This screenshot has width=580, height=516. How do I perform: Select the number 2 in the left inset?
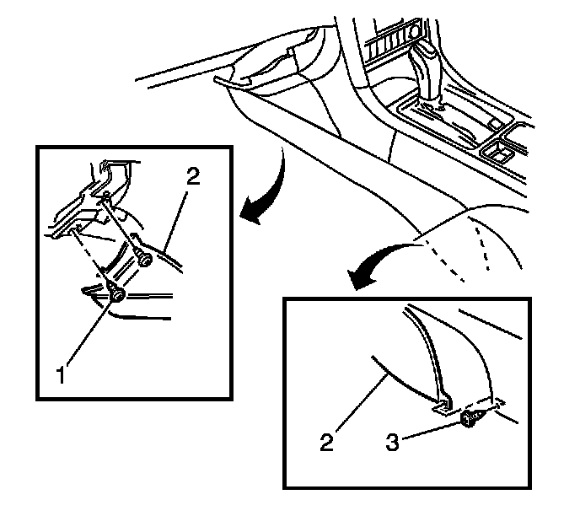(193, 176)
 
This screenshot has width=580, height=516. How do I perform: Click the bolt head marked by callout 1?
(116, 294)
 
